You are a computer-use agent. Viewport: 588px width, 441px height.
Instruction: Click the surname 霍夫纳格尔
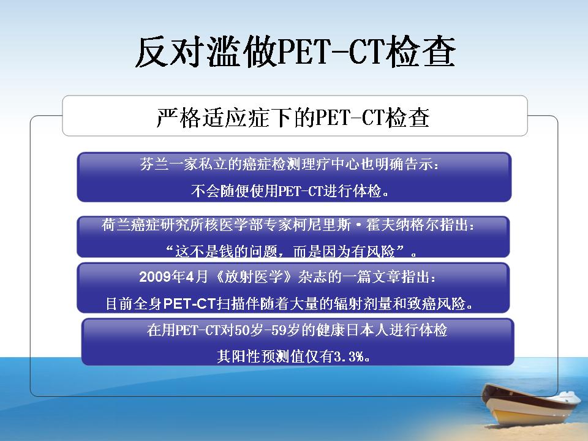402,225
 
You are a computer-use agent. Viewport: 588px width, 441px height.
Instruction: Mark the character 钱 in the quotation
226,251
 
